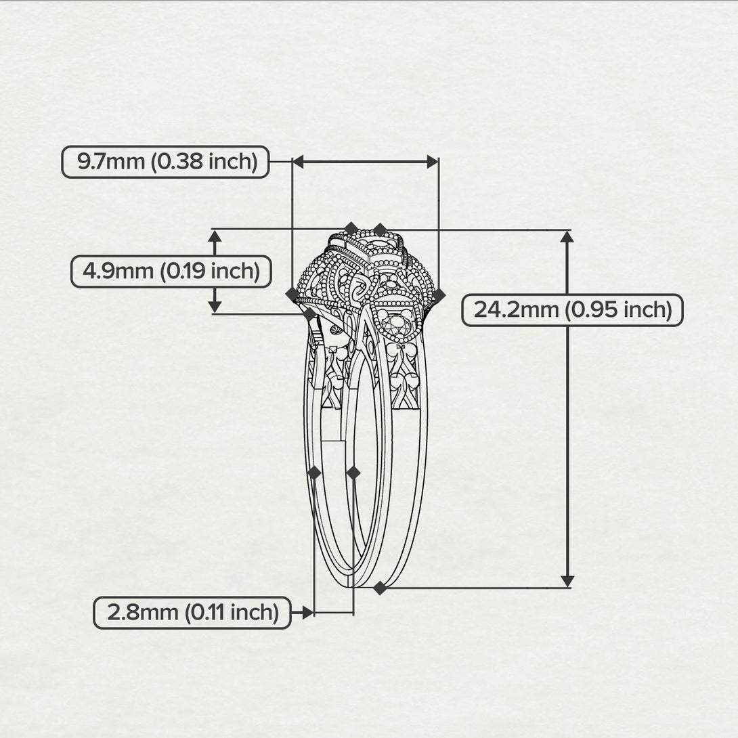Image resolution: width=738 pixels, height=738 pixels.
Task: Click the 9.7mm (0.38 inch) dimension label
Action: click(166, 162)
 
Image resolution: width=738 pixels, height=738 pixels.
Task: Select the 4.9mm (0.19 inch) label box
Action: click(171, 272)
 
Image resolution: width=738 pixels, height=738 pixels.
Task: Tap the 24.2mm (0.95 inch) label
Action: click(572, 310)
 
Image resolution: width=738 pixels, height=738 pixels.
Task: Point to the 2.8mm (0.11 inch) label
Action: click(192, 613)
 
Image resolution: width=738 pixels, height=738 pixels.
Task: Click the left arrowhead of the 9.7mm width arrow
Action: click(298, 162)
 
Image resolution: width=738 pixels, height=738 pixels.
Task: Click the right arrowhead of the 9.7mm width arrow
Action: click(433, 162)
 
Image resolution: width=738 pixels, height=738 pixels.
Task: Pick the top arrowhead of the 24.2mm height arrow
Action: click(567, 236)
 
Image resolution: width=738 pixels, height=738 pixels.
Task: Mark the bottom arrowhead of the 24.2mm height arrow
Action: click(567, 582)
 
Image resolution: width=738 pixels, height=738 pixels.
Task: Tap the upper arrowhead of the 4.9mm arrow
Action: click(215, 236)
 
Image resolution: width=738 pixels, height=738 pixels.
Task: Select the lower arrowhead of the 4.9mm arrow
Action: click(215, 307)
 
